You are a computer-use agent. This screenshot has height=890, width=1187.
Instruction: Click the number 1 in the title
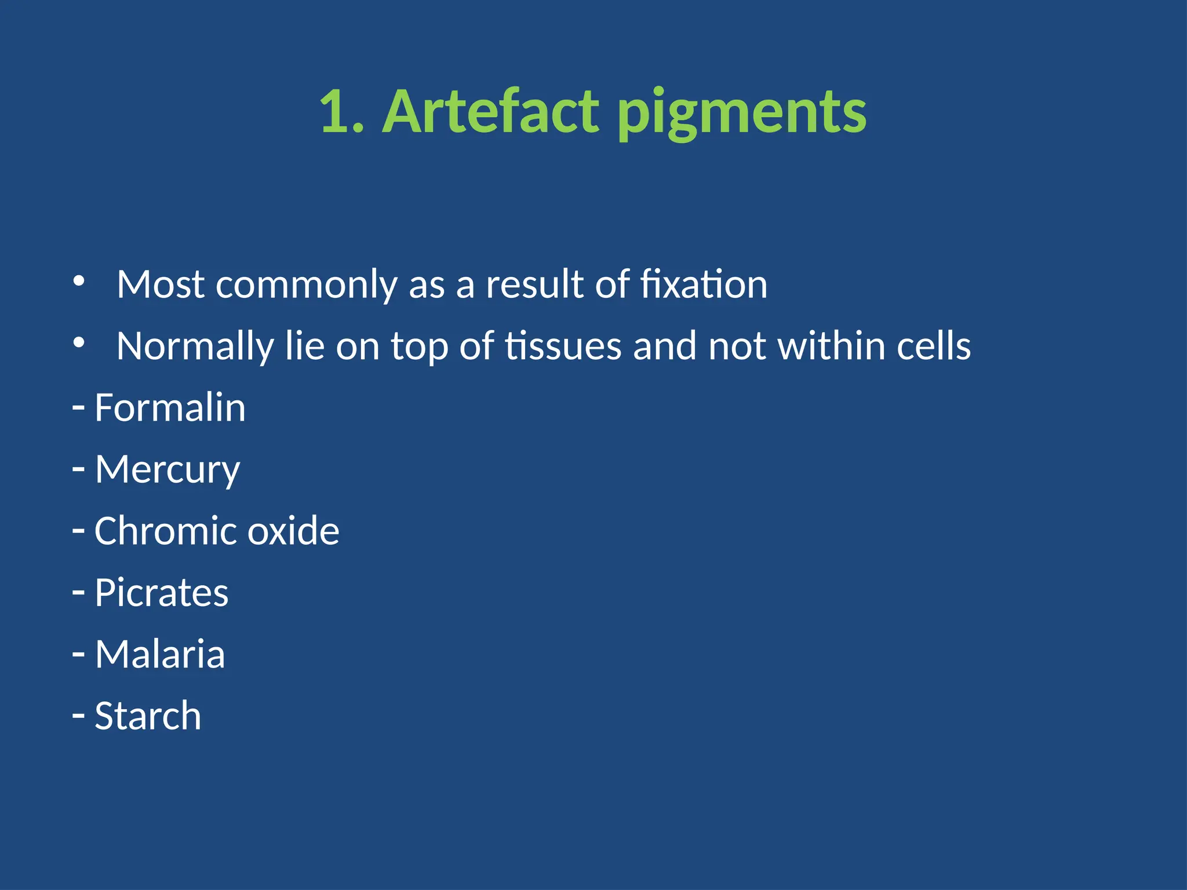(334, 112)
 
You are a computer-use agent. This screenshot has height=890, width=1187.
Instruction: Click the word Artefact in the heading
(490, 112)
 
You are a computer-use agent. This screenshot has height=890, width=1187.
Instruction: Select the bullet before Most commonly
(79, 282)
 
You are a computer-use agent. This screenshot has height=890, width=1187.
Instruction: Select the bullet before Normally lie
(79, 343)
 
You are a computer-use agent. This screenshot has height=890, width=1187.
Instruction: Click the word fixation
(704, 284)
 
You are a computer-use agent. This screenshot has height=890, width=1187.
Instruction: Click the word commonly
(306, 284)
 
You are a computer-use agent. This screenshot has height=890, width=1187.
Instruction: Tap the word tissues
(563, 346)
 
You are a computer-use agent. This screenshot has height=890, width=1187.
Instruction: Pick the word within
(831, 346)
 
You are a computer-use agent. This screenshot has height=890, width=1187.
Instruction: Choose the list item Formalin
(170, 408)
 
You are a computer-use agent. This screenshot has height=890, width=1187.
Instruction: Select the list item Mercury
(167, 469)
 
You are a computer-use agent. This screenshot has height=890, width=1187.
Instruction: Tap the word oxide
(293, 531)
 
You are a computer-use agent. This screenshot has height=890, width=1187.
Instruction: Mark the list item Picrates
(161, 593)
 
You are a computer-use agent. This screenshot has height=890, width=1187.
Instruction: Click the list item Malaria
(159, 654)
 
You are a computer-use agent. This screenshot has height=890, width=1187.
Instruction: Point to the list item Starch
(148, 716)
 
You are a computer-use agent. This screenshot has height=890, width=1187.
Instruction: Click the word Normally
(195, 346)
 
